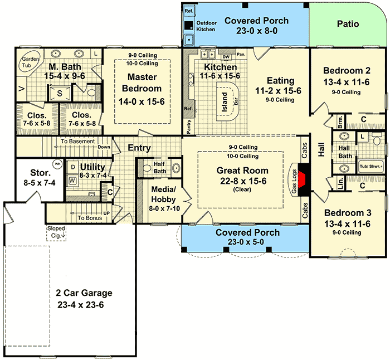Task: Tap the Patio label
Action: [348, 24]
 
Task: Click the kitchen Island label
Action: [225, 102]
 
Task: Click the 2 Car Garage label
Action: [84, 293]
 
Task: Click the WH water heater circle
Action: [57, 164]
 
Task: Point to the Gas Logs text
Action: [294, 179]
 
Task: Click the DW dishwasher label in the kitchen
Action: [226, 56]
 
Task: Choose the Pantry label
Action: [189, 127]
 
